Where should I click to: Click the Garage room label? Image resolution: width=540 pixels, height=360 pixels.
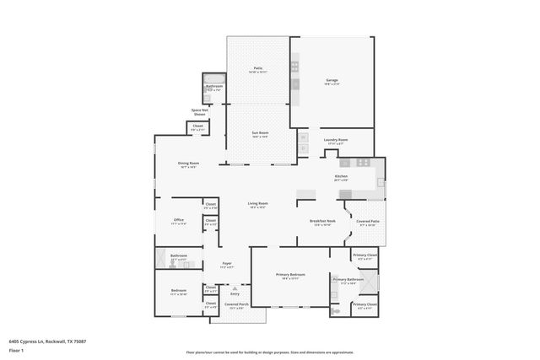pos(332,81)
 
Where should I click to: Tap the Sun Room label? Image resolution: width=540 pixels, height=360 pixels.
pos(259,133)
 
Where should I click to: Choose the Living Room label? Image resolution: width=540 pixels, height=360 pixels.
pos(257,204)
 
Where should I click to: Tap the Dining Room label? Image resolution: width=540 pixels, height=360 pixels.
pos(188,164)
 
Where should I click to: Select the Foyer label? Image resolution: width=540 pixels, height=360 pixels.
pos(226,264)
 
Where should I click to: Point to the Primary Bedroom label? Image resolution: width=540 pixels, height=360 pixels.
pos(291,275)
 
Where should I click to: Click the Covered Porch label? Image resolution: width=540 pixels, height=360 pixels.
pos(236,304)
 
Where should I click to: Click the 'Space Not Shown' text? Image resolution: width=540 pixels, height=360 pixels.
pos(200,111)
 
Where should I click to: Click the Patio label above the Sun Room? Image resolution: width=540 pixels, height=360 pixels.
pos(258,68)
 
